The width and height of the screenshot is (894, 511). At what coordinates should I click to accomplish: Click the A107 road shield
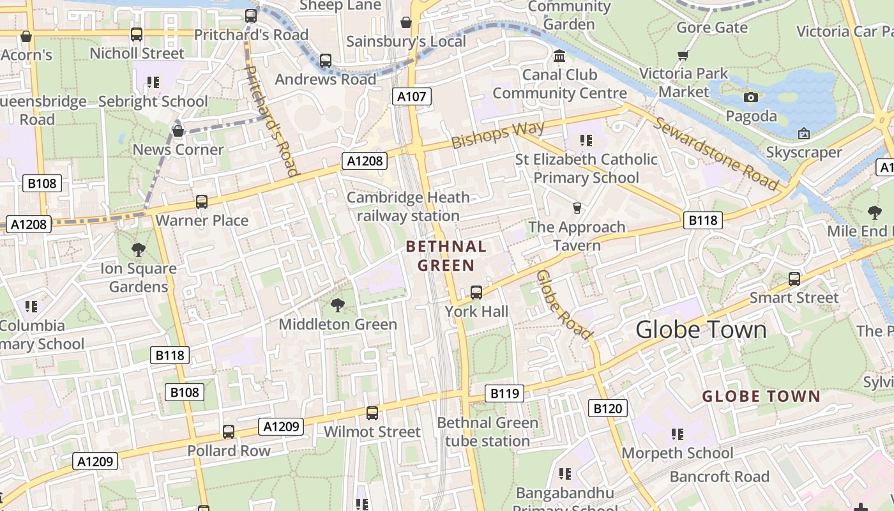tap(411, 97)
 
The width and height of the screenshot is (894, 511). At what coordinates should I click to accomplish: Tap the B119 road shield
tap(504, 393)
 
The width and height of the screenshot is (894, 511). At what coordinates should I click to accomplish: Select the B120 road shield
tap(607, 409)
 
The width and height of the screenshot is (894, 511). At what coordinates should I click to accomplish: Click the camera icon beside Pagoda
tap(751, 97)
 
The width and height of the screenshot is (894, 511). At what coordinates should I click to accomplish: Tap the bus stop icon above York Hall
tap(476, 293)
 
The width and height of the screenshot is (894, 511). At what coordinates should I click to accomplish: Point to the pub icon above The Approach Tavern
tap(577, 208)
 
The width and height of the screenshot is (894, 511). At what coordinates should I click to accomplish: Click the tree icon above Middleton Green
tap(338, 305)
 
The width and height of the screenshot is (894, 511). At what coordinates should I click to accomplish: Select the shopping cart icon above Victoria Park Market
tap(683, 55)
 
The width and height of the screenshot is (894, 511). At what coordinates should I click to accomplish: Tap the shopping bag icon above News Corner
tap(178, 131)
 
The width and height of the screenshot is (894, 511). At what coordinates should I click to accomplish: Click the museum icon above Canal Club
tap(560, 56)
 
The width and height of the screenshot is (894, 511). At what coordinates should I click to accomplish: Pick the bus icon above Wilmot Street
tap(372, 413)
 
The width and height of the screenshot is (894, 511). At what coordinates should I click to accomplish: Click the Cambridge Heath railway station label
tap(408, 207)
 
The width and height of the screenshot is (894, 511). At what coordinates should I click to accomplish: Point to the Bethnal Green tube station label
tap(487, 432)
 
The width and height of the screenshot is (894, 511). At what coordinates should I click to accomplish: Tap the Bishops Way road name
tap(498, 134)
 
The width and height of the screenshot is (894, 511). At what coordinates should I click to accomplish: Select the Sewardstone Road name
tap(716, 154)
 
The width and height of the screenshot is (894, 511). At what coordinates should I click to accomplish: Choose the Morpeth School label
tap(678, 453)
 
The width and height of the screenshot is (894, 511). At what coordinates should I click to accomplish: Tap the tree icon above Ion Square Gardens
tap(138, 250)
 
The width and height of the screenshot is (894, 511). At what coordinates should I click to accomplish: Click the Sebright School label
tap(153, 102)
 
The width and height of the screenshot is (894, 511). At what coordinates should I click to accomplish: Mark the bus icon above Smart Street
tap(794, 279)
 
